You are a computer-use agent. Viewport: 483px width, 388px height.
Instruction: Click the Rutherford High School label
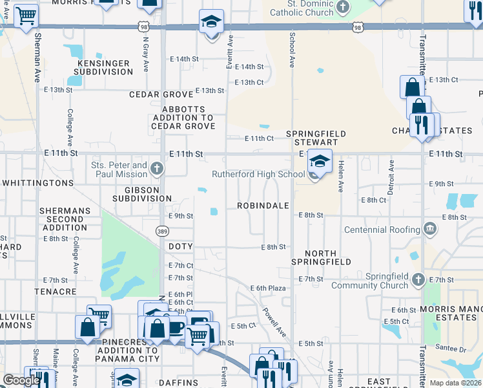(x=258, y=174)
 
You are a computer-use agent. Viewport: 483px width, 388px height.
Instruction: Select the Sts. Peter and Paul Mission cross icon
(x=156, y=169)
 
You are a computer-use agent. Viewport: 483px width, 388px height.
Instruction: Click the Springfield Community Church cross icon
(x=418, y=279)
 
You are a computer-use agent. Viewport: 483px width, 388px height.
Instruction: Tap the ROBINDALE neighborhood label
(x=262, y=206)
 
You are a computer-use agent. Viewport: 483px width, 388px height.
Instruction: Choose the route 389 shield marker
(x=163, y=230)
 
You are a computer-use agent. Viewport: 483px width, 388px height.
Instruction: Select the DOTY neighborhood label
(x=180, y=247)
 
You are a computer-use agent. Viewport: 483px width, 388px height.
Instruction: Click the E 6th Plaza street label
(x=268, y=288)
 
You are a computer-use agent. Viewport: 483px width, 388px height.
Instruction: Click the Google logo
(x=21, y=380)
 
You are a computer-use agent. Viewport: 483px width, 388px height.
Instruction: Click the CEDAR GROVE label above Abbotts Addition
(x=161, y=94)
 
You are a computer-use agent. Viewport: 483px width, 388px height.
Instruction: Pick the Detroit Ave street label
(x=390, y=178)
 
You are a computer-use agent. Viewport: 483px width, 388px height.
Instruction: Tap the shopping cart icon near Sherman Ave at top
(x=26, y=15)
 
